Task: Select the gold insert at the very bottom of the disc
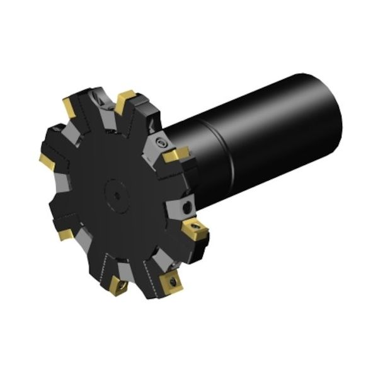tap(118, 285)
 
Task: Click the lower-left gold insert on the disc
tap(65, 233)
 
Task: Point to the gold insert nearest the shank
tap(175, 154)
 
